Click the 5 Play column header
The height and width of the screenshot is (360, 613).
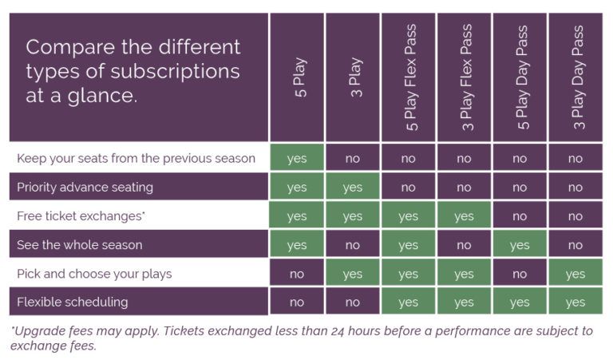tap(300, 77)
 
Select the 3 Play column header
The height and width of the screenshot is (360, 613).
tap(356, 77)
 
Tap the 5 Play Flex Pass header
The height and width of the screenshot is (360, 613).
tap(411, 77)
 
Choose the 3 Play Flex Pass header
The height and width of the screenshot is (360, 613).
tap(467, 77)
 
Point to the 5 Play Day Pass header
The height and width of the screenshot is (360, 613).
tap(523, 77)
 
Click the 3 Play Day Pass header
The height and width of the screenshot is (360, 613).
tap(578, 77)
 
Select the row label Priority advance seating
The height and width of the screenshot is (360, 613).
tap(85, 188)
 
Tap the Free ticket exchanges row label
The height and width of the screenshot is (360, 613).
tap(81, 216)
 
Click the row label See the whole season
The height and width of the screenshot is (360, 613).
tap(79, 245)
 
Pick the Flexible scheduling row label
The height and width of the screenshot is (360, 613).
tap(73, 303)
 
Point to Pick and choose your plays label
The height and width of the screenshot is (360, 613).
tap(94, 274)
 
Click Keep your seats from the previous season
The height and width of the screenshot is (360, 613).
tap(136, 158)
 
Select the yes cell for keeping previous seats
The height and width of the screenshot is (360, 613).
tap(297, 157)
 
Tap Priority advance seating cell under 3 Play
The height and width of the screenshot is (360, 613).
tap(353, 187)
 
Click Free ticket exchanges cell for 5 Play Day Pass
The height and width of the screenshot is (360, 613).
tap(520, 216)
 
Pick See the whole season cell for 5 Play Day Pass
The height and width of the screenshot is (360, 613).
tap(520, 244)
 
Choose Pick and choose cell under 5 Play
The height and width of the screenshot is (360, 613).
tap(297, 273)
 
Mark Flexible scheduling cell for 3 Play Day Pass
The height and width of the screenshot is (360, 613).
tap(575, 302)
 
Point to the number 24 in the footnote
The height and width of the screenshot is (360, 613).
tap(338, 331)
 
